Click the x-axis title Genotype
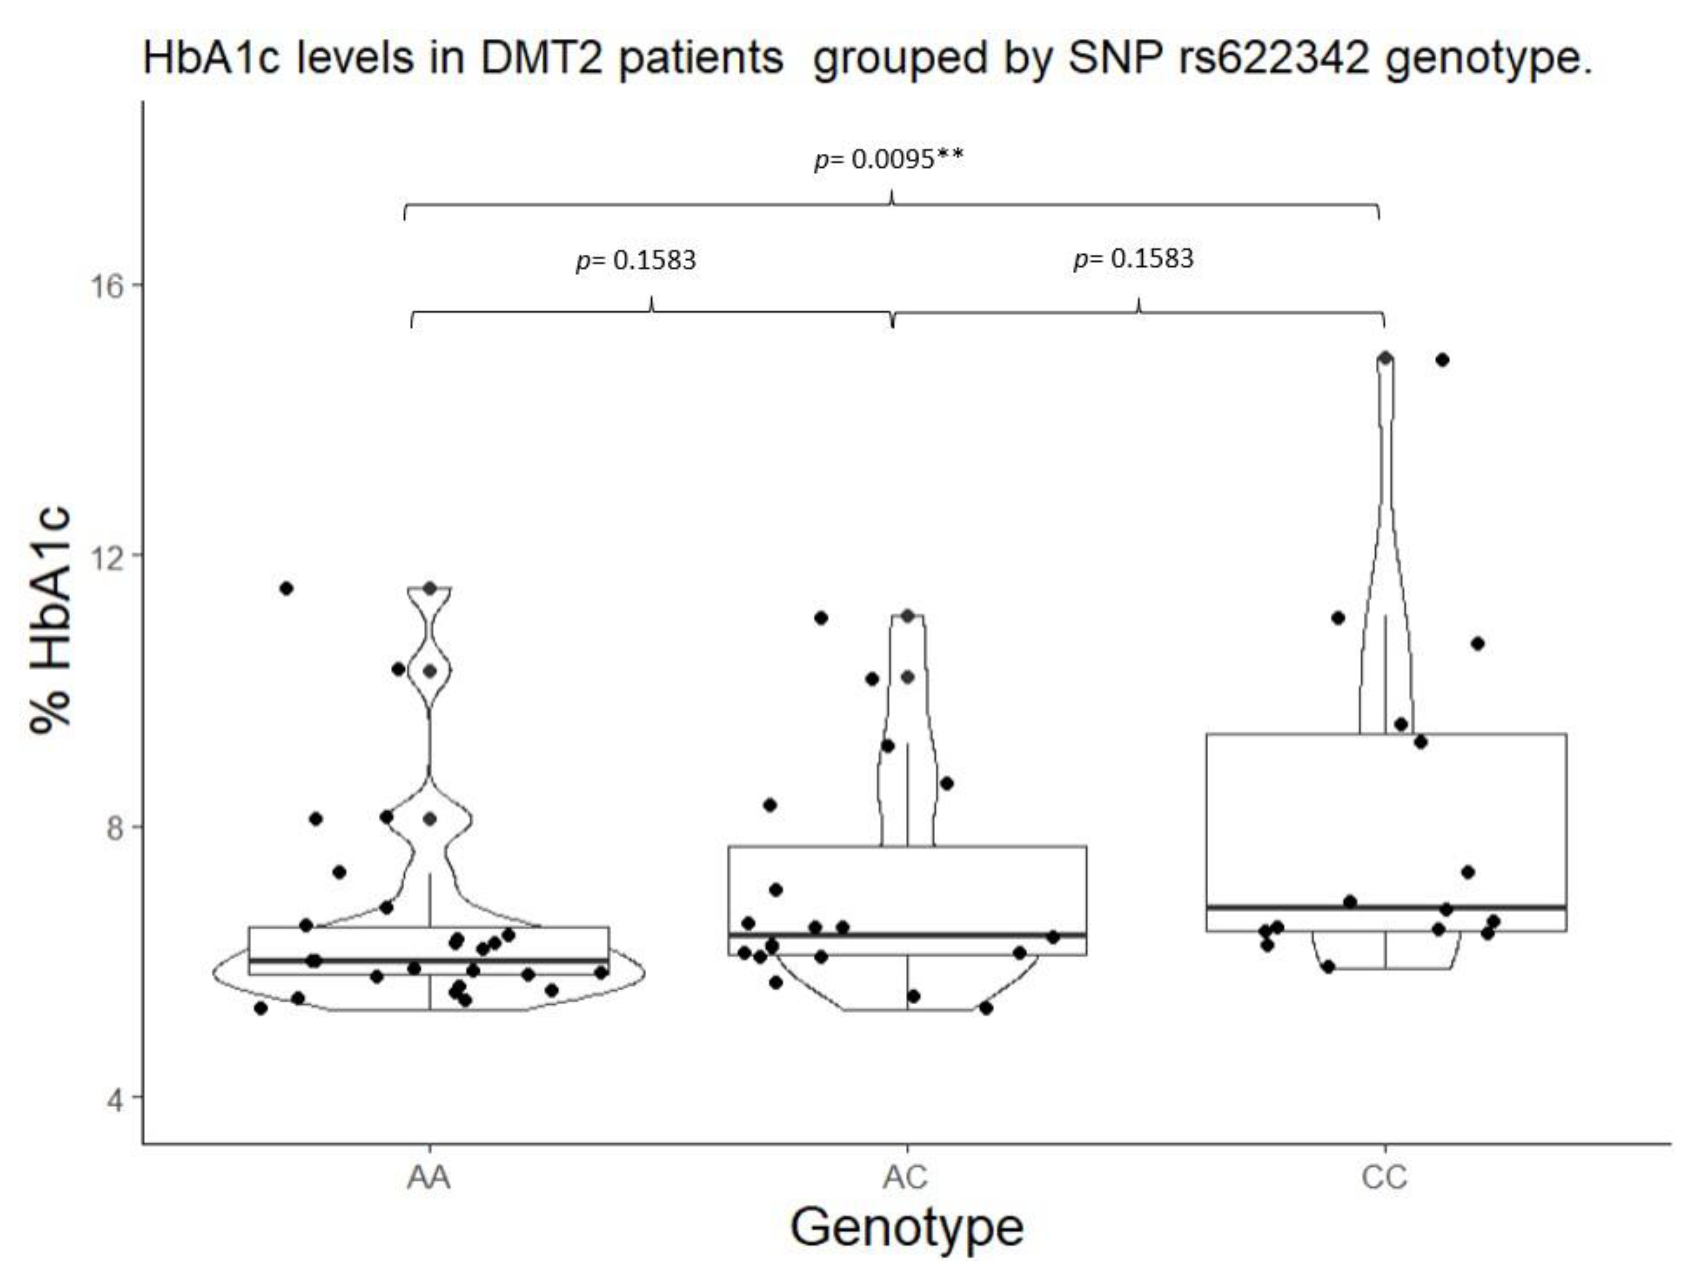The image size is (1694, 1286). coord(907,1228)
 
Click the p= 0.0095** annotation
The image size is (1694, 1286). coord(889,159)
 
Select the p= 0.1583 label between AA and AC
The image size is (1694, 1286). coord(635,260)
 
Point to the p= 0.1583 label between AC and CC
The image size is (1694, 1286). coord(1133,258)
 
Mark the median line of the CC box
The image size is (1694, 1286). coord(1386,907)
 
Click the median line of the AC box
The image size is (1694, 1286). coord(907,935)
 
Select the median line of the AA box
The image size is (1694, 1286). coord(429,960)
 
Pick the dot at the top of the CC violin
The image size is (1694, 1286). coord(1385,358)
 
